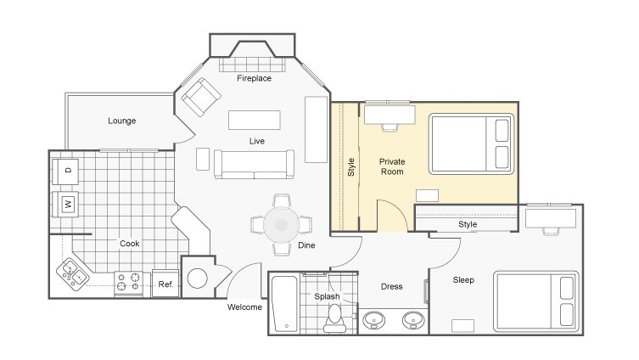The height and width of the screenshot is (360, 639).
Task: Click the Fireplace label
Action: [254, 78]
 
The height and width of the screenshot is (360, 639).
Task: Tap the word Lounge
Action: [122, 121]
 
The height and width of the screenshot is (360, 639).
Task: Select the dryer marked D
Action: [65, 171]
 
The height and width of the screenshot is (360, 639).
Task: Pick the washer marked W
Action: [65, 204]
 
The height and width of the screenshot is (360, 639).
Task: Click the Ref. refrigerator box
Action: [165, 284]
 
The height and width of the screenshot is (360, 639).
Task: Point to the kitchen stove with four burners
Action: [128, 283]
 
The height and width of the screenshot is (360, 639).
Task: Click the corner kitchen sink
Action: [73, 274]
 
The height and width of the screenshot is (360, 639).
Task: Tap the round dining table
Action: [281, 225]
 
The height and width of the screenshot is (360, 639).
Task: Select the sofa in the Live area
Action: [254, 165]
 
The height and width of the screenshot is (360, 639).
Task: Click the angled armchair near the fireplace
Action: [201, 97]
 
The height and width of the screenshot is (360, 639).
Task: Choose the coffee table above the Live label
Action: [255, 121]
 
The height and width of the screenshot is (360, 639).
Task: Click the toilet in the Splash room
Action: [334, 319]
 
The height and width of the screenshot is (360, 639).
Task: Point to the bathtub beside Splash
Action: [284, 304]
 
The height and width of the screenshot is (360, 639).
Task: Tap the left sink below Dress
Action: [373, 320]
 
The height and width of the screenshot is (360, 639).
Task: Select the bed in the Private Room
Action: [471, 144]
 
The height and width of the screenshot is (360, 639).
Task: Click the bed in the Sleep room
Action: [536, 301]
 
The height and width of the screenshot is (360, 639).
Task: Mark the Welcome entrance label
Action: [244, 307]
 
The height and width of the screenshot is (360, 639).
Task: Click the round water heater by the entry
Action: [197, 278]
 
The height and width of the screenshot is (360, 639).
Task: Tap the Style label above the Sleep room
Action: [468, 224]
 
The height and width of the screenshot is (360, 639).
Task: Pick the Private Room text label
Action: [392, 166]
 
